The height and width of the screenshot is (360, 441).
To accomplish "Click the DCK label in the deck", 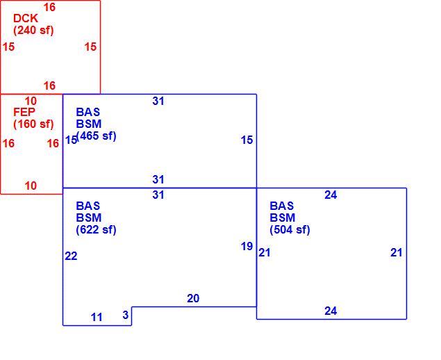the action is click(x=26, y=18).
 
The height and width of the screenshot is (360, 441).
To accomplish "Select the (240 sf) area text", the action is click(x=33, y=30).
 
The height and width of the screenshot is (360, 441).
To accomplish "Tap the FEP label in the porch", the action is click(x=24, y=112).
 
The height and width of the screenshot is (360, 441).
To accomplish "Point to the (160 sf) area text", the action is click(x=33, y=124).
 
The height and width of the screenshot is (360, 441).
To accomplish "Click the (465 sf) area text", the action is click(x=97, y=136).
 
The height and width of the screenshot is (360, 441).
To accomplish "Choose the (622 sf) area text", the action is click(x=97, y=229).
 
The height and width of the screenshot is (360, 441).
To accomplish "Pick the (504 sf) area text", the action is click(x=290, y=229).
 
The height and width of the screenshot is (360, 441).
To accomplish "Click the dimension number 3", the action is click(x=126, y=315).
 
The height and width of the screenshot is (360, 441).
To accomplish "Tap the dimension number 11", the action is click(x=97, y=317).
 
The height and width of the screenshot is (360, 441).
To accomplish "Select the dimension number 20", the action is click(x=193, y=298).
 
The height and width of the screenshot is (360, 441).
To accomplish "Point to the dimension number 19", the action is click(x=247, y=247).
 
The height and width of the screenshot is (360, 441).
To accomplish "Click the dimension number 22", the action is click(x=71, y=256).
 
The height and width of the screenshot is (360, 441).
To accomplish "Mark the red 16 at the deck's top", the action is click(x=49, y=8).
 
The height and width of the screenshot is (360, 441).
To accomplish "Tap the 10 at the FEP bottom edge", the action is click(x=31, y=186).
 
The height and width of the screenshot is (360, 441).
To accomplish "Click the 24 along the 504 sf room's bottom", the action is click(x=331, y=311).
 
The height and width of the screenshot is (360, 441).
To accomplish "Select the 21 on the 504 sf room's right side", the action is click(x=397, y=253).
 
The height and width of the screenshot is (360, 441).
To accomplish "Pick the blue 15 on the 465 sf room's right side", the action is click(x=247, y=140).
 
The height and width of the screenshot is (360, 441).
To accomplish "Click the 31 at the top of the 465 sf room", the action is click(x=158, y=101).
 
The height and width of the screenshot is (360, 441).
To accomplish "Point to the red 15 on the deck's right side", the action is click(x=90, y=47).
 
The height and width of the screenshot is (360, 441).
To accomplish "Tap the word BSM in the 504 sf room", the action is click(x=283, y=218).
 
